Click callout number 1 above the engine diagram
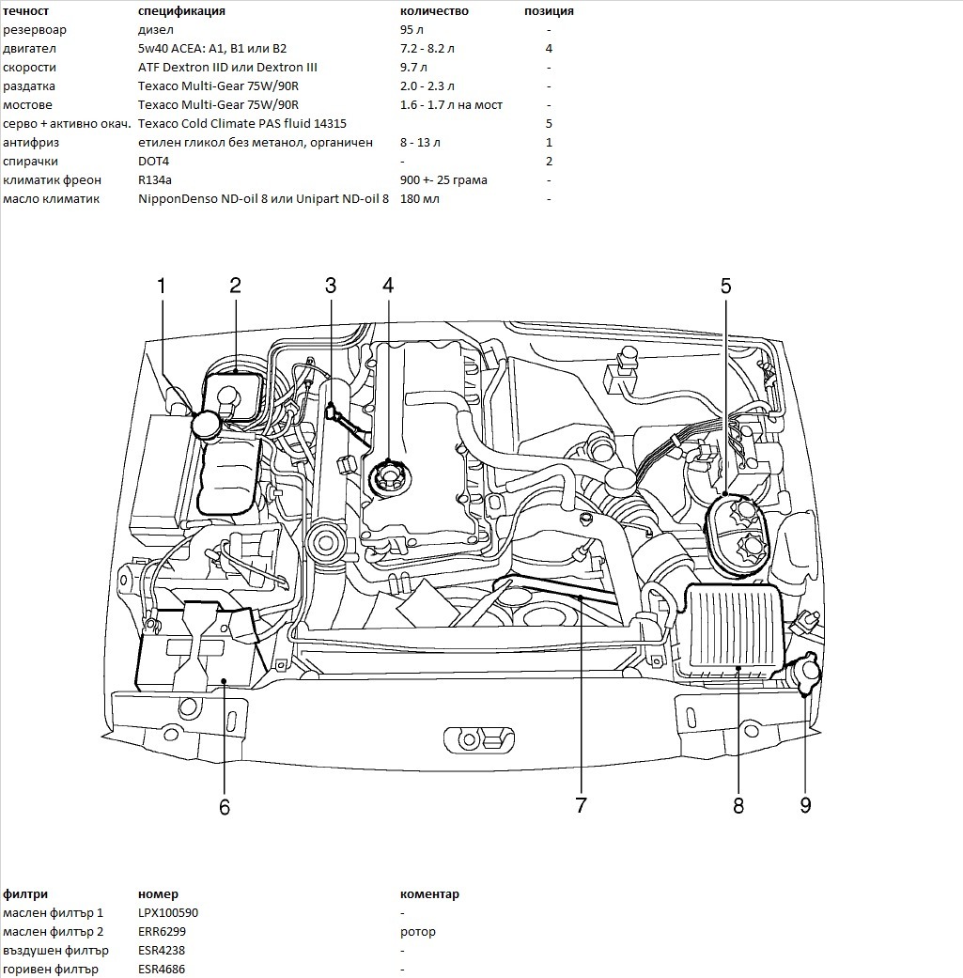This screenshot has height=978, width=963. point(161,287)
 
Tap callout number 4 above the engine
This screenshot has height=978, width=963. point(387,287)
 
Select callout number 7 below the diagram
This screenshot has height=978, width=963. point(581,805)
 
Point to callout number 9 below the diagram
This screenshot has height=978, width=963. point(805,805)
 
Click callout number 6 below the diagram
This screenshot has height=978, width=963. point(224,807)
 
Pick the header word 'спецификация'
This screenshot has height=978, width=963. point(181,11)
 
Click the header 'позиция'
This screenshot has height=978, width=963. point(549,11)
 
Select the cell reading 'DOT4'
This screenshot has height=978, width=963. point(153,162)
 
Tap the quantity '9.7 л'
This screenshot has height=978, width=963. point(413,68)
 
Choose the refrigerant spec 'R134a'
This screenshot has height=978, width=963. point(154,180)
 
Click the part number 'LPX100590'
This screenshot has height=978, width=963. point(168,913)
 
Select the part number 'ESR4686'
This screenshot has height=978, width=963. point(162,970)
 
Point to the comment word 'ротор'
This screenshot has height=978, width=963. point(418,932)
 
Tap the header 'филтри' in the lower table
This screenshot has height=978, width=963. point(25,894)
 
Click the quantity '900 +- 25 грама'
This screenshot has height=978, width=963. point(443,180)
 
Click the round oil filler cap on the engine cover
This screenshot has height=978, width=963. point(387,477)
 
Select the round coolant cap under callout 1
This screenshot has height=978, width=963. point(207,424)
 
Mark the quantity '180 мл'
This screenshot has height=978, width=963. point(419,199)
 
